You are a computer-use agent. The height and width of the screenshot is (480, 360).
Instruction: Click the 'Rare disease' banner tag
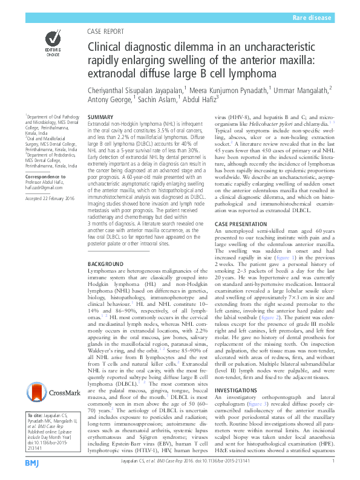point(312,19)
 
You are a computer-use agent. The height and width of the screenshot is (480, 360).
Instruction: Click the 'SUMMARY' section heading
point(100,116)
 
